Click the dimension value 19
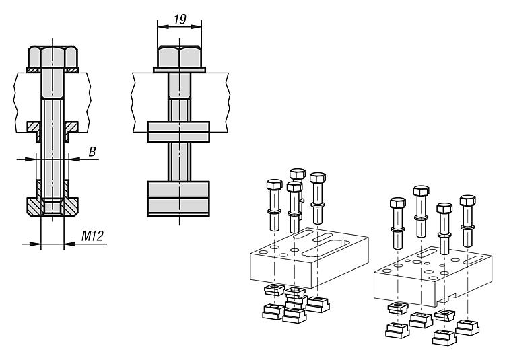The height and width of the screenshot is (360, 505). coord(179,21)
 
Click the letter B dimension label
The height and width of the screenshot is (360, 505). coord(92,153)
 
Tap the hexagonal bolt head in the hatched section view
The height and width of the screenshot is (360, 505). coord(53,57)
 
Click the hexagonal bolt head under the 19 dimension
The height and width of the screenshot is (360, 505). coord(179,56)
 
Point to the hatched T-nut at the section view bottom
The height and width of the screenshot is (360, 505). coord(53,207)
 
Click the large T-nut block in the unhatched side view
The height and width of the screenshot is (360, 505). coord(179,197)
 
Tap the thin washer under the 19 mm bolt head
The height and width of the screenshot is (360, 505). coord(179,69)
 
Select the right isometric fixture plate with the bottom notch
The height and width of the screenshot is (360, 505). coord(431,273)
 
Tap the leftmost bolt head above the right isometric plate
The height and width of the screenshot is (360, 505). coord(397,203)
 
